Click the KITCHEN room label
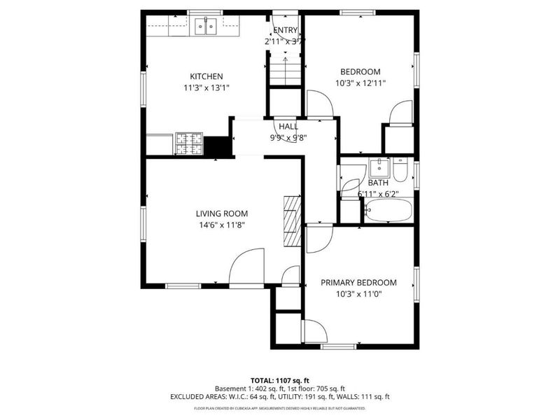[x=206, y=76]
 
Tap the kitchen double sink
[x=206, y=27]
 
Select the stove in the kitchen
[x=188, y=143]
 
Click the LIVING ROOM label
[x=221, y=213]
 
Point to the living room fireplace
[x=292, y=221]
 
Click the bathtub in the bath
[x=388, y=210]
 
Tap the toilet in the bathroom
[x=400, y=170]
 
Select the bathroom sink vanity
[x=379, y=169]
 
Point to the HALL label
[x=288, y=127]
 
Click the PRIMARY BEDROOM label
[x=358, y=283]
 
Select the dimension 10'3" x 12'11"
[x=360, y=83]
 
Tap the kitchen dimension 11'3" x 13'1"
[x=206, y=87]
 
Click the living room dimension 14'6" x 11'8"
[x=221, y=225]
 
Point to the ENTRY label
[x=285, y=30]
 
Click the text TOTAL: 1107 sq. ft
[x=280, y=378]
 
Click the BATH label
[x=378, y=183]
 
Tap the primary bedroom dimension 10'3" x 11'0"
[x=358, y=294]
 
